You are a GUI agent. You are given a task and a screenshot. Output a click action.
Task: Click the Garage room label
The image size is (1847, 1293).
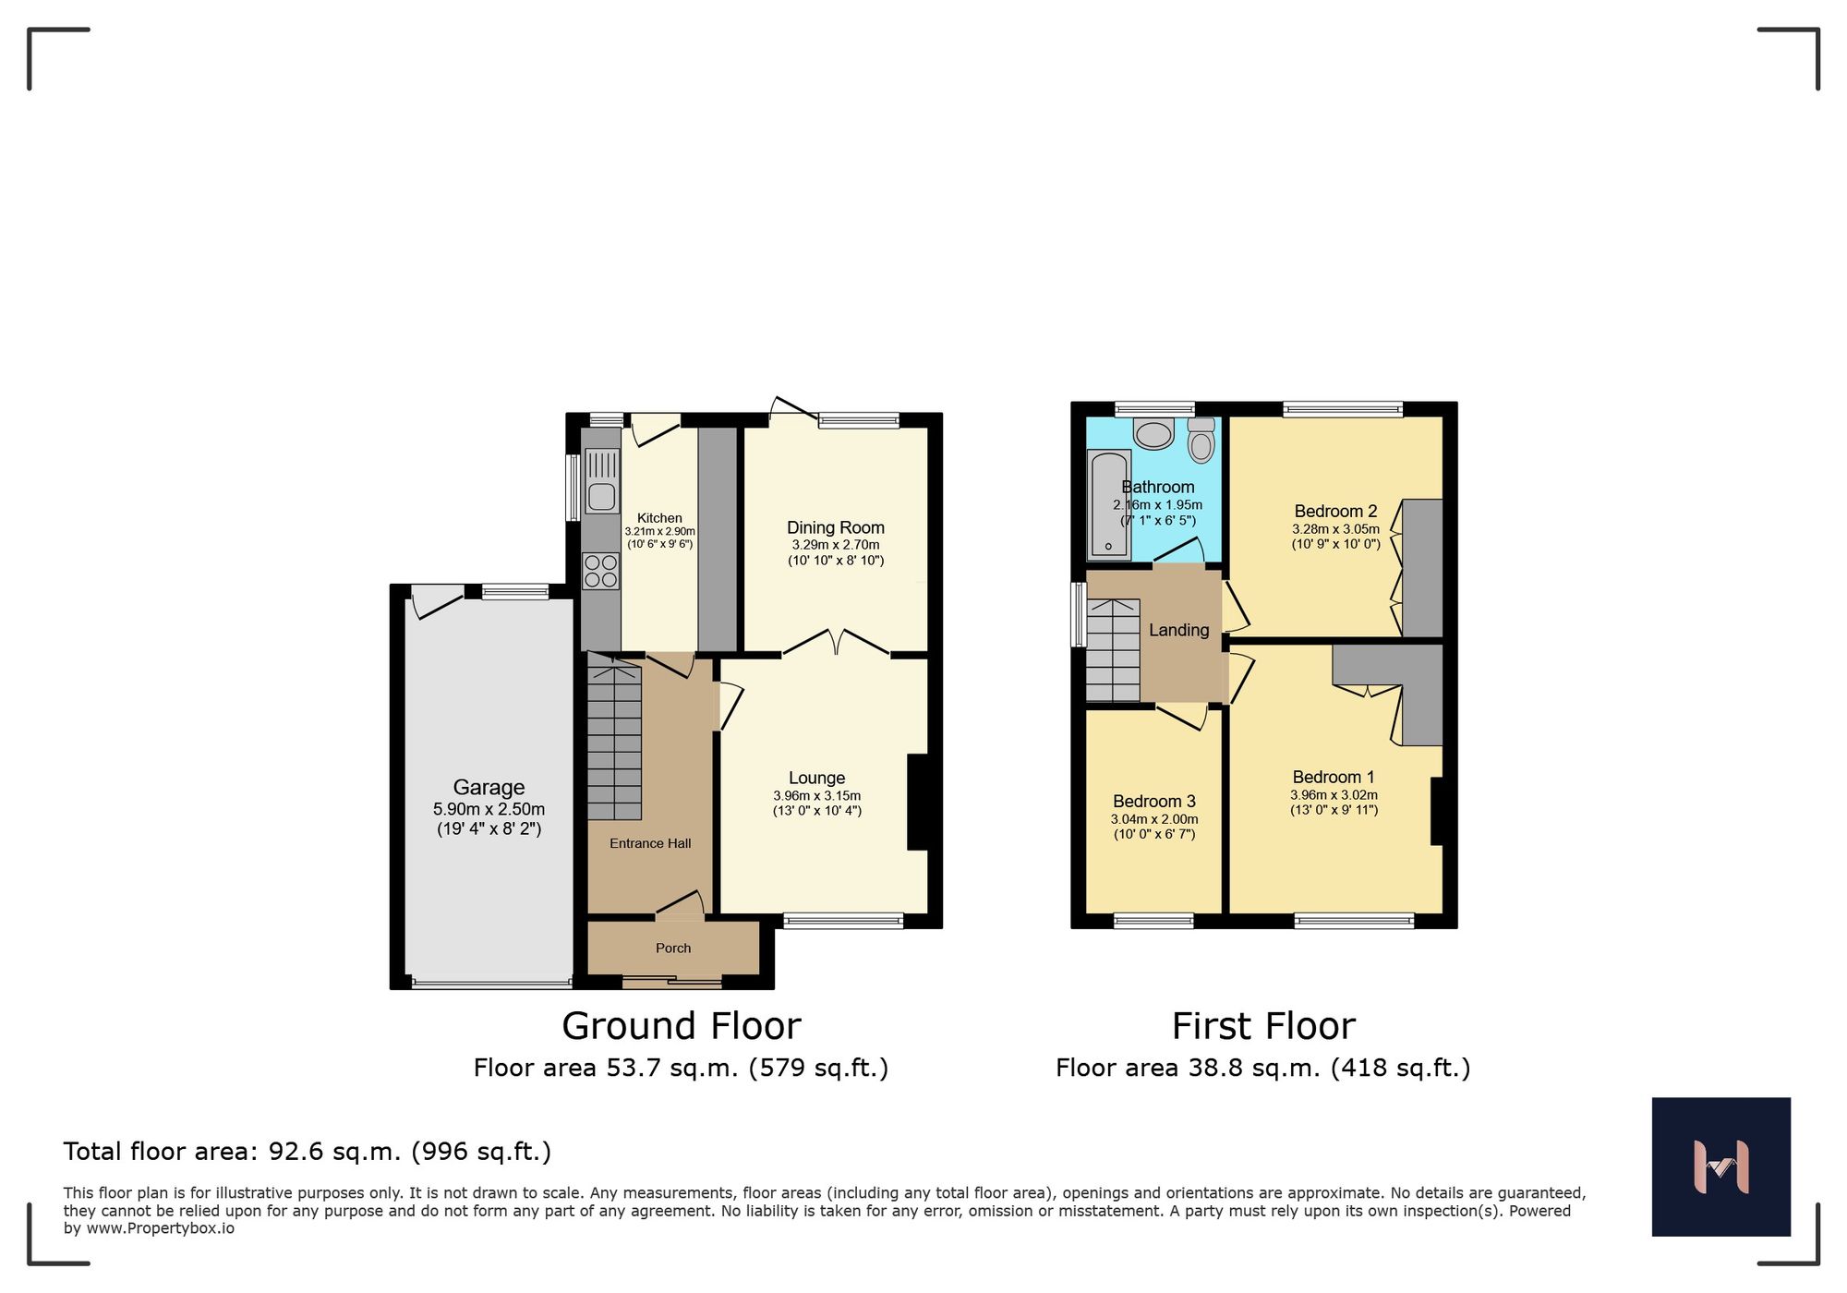(489, 787)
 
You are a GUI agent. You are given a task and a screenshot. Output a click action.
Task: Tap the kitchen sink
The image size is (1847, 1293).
(601, 497)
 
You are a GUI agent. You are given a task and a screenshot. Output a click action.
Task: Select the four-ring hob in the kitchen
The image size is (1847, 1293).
(600, 571)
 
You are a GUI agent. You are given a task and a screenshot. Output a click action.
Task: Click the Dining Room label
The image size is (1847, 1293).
(835, 527)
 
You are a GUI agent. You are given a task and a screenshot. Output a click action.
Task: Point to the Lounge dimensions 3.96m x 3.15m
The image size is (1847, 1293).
(816, 795)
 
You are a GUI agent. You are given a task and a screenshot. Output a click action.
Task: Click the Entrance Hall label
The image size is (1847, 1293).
(649, 843)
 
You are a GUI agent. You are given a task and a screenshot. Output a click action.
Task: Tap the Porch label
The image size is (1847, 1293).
(672, 948)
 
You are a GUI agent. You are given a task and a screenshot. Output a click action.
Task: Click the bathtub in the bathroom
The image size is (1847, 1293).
(1109, 505)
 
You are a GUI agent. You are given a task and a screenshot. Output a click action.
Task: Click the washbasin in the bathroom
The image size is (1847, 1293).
(1153, 433)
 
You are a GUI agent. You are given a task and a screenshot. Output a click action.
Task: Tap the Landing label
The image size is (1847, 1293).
(1178, 630)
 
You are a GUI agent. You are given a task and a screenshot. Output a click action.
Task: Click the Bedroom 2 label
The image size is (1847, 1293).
(1335, 511)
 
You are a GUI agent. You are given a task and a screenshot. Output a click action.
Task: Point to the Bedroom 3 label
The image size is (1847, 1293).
(1153, 801)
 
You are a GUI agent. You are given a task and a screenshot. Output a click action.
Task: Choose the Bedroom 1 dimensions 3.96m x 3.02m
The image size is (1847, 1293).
(1334, 794)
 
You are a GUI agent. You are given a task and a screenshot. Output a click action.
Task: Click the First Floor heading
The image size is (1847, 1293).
(1262, 1026)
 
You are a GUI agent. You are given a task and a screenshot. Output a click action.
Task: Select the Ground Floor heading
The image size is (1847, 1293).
(681, 1026)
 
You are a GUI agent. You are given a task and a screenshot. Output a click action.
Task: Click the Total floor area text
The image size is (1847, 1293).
(307, 1152)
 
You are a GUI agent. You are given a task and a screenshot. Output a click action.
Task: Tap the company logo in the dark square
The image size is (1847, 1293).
(1720, 1166)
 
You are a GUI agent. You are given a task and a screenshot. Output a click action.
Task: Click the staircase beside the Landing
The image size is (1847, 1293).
(1112, 650)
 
